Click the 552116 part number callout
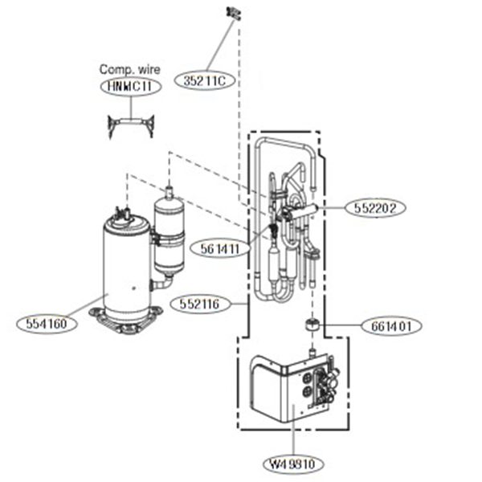pos(198,304)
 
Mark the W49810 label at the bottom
pos(293,464)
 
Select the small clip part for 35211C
pos(234,13)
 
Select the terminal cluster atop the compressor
pos(125,213)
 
